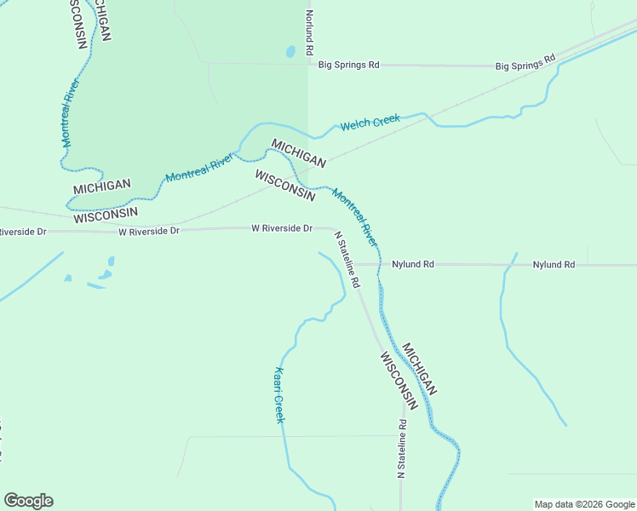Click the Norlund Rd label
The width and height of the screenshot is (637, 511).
pyautogui.click(x=311, y=28)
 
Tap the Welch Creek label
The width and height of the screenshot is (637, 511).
pyautogui.click(x=370, y=123)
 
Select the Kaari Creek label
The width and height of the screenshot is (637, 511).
pyautogui.click(x=278, y=394)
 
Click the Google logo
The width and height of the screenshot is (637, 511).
pyautogui.click(x=28, y=501)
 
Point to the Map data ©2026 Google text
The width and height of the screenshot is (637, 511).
pyautogui.click(x=583, y=504)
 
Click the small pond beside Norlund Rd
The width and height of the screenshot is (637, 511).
pyautogui.click(x=290, y=51)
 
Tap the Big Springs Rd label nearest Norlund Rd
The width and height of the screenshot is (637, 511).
pyautogui.click(x=348, y=65)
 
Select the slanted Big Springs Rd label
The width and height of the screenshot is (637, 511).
pyautogui.click(x=525, y=62)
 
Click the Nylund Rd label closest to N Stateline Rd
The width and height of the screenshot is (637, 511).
pyautogui.click(x=413, y=265)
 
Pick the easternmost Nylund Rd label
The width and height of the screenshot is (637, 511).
pyautogui.click(x=554, y=265)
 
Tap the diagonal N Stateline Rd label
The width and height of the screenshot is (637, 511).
pyautogui.click(x=347, y=259)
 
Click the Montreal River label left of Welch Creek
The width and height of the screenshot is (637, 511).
pyautogui.click(x=199, y=167)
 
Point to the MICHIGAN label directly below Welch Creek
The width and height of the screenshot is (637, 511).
pyautogui.click(x=298, y=152)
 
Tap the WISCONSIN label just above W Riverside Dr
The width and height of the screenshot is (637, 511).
pyautogui.click(x=285, y=185)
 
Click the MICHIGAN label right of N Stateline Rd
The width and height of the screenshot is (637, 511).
pyautogui.click(x=420, y=369)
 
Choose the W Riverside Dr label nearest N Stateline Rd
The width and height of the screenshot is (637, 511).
pyautogui.click(x=282, y=228)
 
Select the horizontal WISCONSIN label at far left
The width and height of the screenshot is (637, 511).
pyautogui.click(x=106, y=215)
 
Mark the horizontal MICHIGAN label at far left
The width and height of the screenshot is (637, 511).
pyautogui.click(x=102, y=186)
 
